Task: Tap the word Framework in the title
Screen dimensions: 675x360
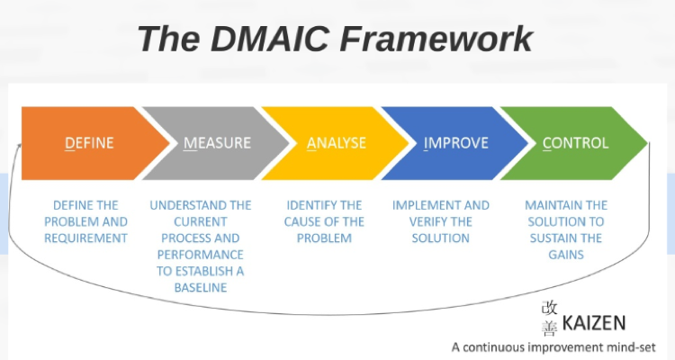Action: [x=436, y=39]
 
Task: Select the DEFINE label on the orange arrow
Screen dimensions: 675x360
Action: [x=89, y=142]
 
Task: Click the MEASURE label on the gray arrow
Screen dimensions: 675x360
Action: [x=217, y=142]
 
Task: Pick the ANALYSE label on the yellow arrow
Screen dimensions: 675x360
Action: [x=337, y=142]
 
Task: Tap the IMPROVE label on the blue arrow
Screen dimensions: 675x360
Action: [x=456, y=142]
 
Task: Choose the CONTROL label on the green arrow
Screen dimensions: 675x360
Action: [x=576, y=142]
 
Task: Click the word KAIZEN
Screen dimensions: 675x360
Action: [x=594, y=323]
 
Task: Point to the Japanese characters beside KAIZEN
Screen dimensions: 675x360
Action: [x=549, y=319]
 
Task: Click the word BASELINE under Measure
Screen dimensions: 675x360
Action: [x=201, y=287]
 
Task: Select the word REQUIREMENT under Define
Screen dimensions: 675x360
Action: [x=85, y=238]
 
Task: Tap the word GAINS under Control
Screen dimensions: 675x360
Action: [x=566, y=255]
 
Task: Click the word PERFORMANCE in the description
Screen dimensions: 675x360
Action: [x=201, y=255]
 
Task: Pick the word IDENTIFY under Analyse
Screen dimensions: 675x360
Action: [x=306, y=205]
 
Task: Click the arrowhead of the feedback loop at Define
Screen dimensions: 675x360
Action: [x=20, y=146]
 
